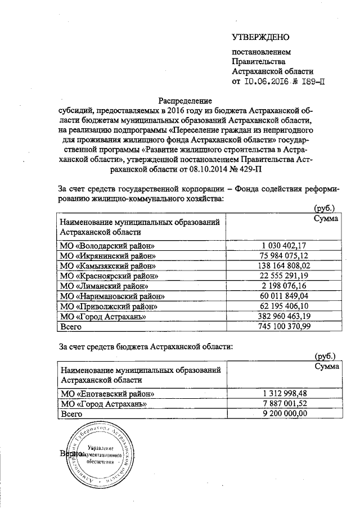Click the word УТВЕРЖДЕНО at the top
point(260,38)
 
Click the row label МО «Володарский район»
point(107,246)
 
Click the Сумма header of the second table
point(326,366)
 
